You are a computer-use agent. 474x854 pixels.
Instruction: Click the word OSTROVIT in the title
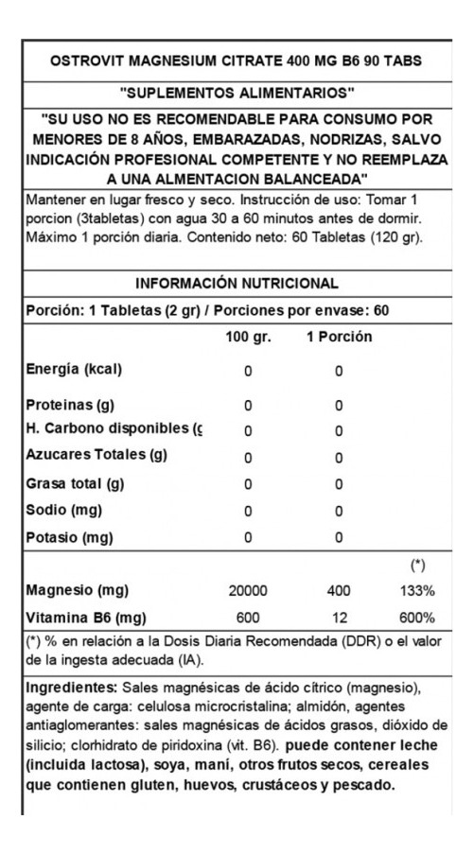click(x=81, y=61)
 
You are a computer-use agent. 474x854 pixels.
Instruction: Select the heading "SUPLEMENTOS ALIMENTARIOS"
click(x=237, y=93)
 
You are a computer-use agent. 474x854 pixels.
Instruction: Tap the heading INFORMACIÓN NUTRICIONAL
click(x=237, y=284)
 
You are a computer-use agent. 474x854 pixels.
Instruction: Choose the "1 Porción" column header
click(x=339, y=338)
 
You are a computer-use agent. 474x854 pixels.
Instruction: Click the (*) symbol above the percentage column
click(x=416, y=566)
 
